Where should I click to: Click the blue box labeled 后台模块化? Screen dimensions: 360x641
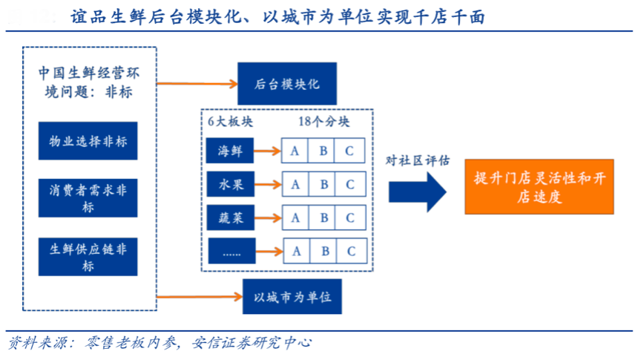[286, 83]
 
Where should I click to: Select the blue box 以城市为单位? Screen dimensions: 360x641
[292, 298]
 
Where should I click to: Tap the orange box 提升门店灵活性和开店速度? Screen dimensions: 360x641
[538, 186]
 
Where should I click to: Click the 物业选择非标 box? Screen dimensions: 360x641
[88, 141]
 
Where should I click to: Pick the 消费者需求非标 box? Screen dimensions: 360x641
[88, 197]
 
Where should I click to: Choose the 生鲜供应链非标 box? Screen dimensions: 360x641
[88, 256]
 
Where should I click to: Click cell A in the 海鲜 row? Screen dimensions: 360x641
[295, 151]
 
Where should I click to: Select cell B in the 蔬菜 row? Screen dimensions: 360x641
[323, 217]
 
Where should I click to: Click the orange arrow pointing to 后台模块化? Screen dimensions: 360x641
[197, 82]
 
